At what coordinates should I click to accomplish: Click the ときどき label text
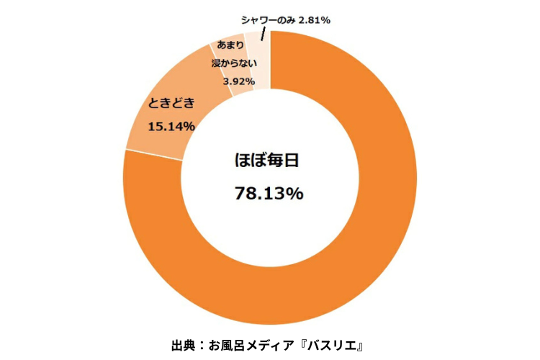point(171,103)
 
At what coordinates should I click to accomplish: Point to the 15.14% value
point(171,127)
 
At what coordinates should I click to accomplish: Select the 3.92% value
point(238,81)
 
